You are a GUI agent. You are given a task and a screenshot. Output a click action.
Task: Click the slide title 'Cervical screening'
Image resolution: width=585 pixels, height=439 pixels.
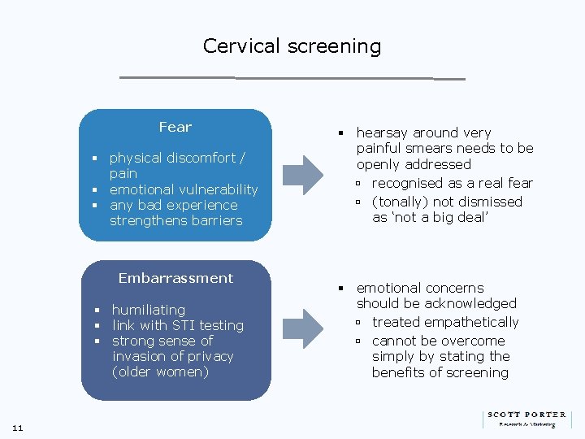coord(292,46)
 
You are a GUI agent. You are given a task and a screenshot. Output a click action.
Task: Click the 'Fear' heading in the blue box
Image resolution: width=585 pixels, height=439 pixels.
coord(175,127)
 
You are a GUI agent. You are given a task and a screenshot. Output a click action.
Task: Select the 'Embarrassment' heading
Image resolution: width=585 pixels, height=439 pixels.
coord(175,278)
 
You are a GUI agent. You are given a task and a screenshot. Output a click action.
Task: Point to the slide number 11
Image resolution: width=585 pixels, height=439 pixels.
coord(17,428)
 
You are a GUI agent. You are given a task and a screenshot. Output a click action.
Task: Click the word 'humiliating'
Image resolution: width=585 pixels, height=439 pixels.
coord(148,310)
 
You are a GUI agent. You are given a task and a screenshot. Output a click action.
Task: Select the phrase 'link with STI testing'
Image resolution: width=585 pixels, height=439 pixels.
coord(177,325)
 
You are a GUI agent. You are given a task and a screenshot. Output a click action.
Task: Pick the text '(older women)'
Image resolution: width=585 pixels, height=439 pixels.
coord(160,372)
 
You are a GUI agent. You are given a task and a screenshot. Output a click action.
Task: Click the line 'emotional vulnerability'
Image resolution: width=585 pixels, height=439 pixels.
coord(183,189)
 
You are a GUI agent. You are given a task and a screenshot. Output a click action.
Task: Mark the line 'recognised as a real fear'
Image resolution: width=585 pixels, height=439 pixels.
coord(452,183)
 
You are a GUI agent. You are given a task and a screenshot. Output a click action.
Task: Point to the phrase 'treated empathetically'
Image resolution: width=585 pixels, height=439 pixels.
coord(444,322)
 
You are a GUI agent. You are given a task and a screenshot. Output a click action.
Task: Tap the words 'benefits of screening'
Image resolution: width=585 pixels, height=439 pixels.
coord(440,372)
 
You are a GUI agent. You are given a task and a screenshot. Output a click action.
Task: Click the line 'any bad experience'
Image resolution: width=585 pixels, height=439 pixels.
coord(173,205)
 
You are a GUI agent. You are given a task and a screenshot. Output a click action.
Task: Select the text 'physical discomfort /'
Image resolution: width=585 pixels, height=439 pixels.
coord(177,158)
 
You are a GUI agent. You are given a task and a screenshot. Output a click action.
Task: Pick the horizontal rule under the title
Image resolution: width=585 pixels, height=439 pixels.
coord(292,78)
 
